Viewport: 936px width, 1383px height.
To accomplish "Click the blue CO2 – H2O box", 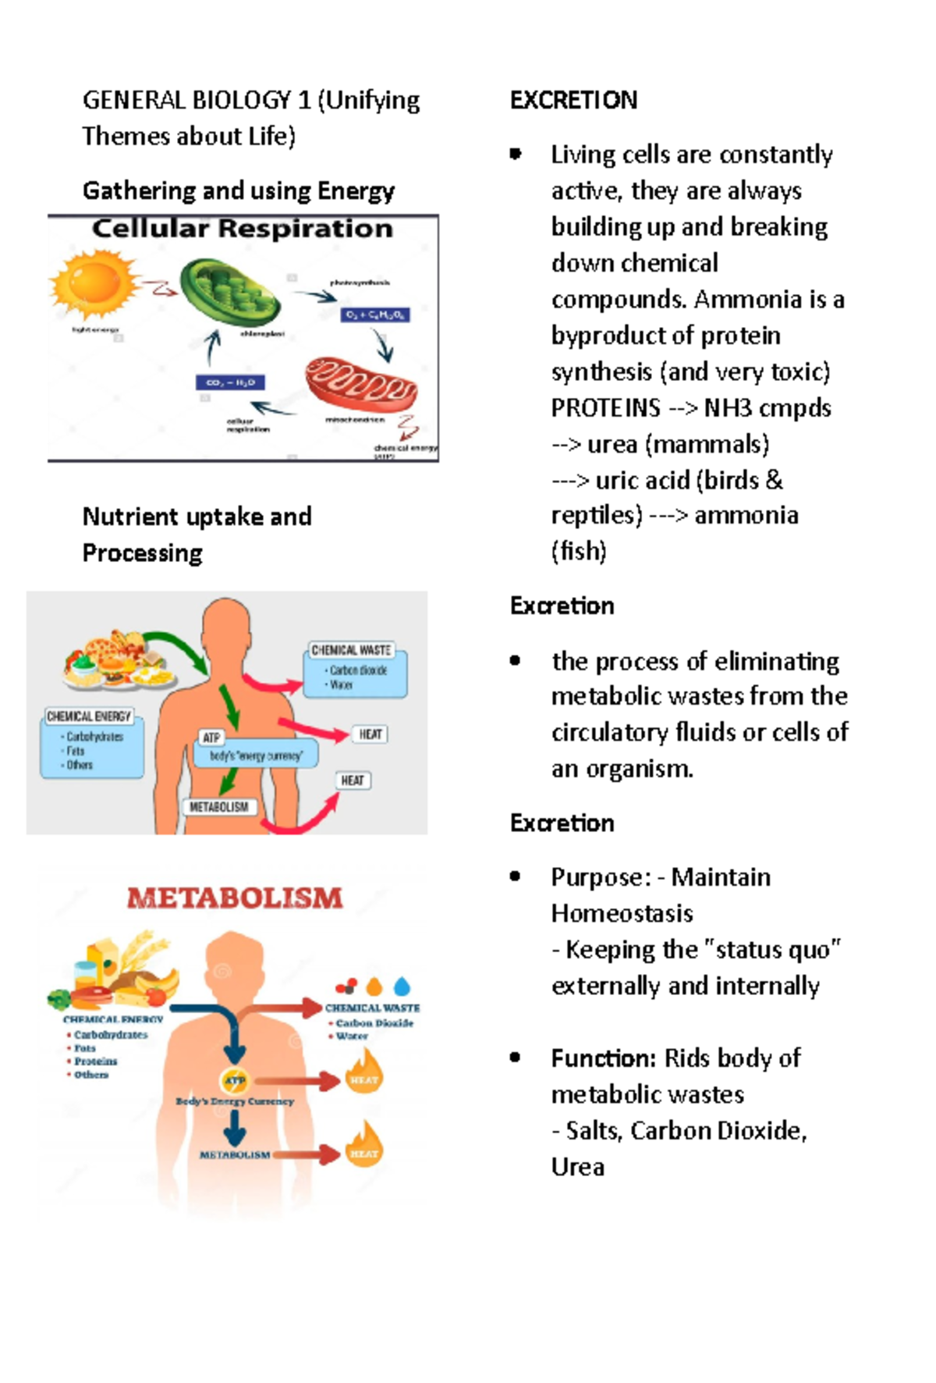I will point(230,382).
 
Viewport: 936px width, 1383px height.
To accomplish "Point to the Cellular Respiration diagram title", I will point(243,229).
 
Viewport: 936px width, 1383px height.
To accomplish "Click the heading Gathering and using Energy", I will point(238,190).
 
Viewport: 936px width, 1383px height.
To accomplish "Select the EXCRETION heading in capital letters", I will point(573,100).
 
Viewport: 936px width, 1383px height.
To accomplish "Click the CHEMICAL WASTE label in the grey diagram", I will point(351,650).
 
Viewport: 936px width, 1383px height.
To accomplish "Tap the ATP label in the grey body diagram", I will point(211,738).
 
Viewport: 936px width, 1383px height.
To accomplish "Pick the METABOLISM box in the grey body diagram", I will point(218,807).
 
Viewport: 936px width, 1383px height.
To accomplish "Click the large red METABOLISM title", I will point(235,898).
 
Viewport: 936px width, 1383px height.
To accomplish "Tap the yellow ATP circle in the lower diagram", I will point(235,1081).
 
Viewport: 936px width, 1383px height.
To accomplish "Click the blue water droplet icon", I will point(402,987).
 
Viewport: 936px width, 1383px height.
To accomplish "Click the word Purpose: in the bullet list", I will point(601,877).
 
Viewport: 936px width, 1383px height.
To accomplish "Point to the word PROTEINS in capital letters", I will point(605,408).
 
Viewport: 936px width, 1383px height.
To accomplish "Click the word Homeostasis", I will point(622,913).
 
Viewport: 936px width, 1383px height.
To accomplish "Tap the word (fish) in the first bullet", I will point(578,551).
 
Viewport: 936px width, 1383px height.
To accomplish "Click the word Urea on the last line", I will point(577,1167).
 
